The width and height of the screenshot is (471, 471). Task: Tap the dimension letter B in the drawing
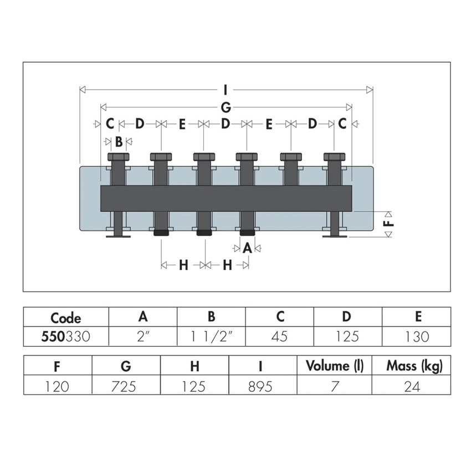click(x=119, y=141)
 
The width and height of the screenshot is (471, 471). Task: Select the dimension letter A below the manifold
click(x=248, y=248)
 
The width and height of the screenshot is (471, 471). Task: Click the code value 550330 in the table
click(x=66, y=336)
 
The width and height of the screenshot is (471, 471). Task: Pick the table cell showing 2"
click(x=143, y=336)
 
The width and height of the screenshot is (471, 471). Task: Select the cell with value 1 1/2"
click(x=211, y=336)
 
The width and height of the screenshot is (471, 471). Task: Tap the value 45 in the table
click(x=279, y=336)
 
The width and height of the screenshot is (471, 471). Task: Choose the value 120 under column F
click(x=58, y=386)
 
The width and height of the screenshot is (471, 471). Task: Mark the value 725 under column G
click(x=126, y=386)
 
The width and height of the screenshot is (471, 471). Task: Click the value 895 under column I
click(x=262, y=386)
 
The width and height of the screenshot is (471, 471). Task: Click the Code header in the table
click(x=66, y=318)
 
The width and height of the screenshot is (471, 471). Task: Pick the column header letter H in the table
click(x=194, y=366)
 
